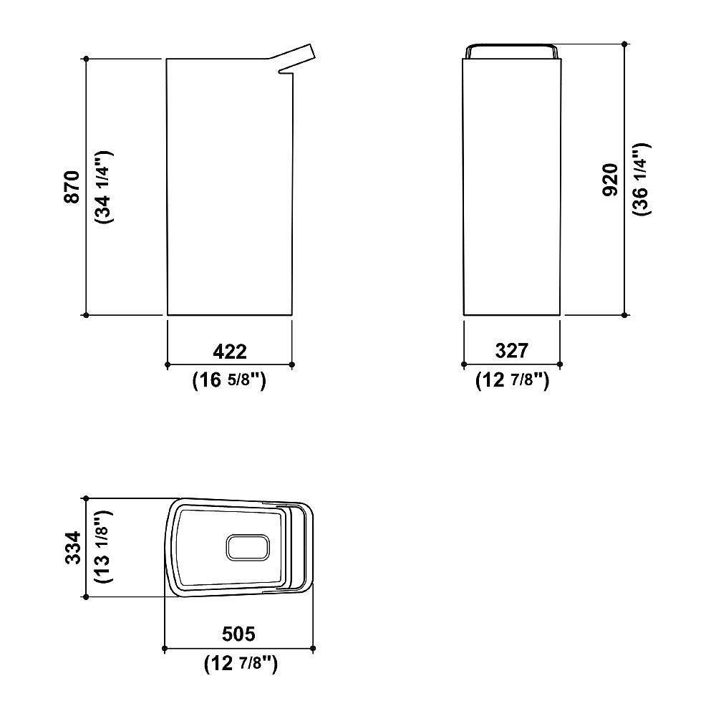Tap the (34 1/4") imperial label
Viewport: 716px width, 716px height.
(x=103, y=187)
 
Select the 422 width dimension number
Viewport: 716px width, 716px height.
(x=230, y=351)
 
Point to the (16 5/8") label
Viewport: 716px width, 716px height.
(x=229, y=379)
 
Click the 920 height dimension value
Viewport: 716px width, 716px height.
(x=610, y=180)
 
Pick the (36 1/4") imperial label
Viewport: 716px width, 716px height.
(x=642, y=180)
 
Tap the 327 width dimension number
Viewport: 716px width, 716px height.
(x=512, y=351)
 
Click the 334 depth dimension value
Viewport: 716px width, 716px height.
(x=73, y=548)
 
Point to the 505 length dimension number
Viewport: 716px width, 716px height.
(x=238, y=634)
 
